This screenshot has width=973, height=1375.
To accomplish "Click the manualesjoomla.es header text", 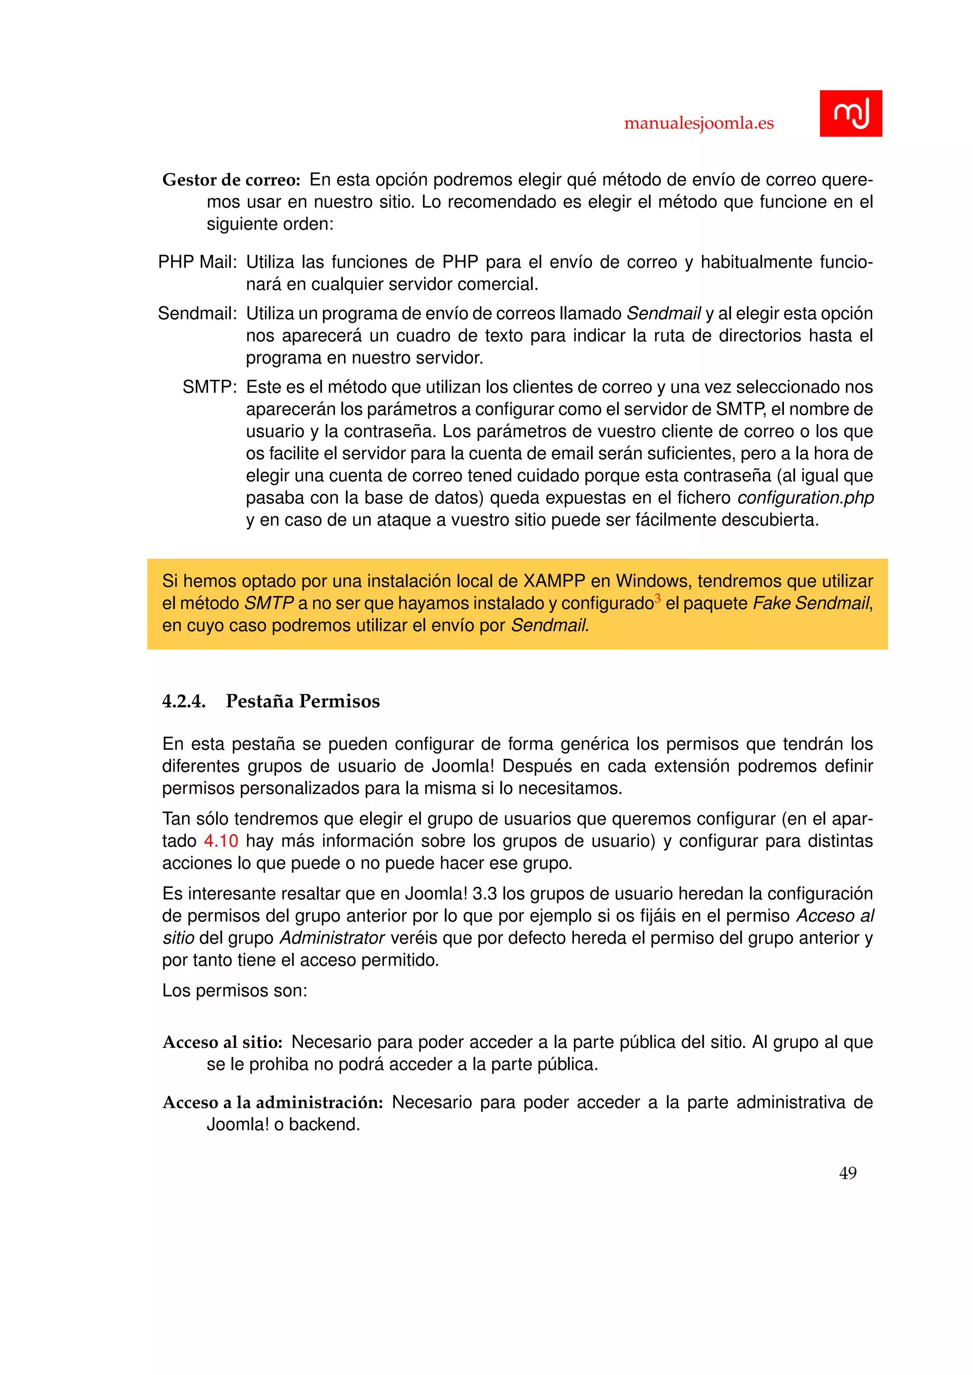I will pyautogui.click(x=698, y=123).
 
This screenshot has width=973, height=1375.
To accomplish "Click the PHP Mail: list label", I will pyautogui.click(x=198, y=262).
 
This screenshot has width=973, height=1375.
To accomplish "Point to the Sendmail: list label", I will pyautogui.click(x=198, y=314).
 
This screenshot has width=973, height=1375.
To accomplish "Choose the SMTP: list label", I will pyautogui.click(x=210, y=387).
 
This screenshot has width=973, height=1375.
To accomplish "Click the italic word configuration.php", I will pyautogui.click(x=805, y=498).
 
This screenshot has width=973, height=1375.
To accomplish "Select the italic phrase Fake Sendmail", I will pyautogui.click(x=811, y=603).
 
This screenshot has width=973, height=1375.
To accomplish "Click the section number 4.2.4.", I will pyautogui.click(x=184, y=701).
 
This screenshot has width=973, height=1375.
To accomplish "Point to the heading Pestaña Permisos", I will pyautogui.click(x=303, y=701).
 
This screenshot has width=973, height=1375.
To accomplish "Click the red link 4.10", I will pyautogui.click(x=221, y=841).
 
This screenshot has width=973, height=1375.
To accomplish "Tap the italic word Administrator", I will pyautogui.click(x=332, y=938).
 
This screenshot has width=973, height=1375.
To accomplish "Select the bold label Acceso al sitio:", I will pyautogui.click(x=222, y=1043).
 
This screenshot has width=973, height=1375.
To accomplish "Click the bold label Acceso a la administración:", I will pyautogui.click(x=273, y=1102).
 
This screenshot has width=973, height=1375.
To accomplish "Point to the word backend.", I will pyautogui.click(x=324, y=1125).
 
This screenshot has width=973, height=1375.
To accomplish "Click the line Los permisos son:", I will pyautogui.click(x=234, y=991).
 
